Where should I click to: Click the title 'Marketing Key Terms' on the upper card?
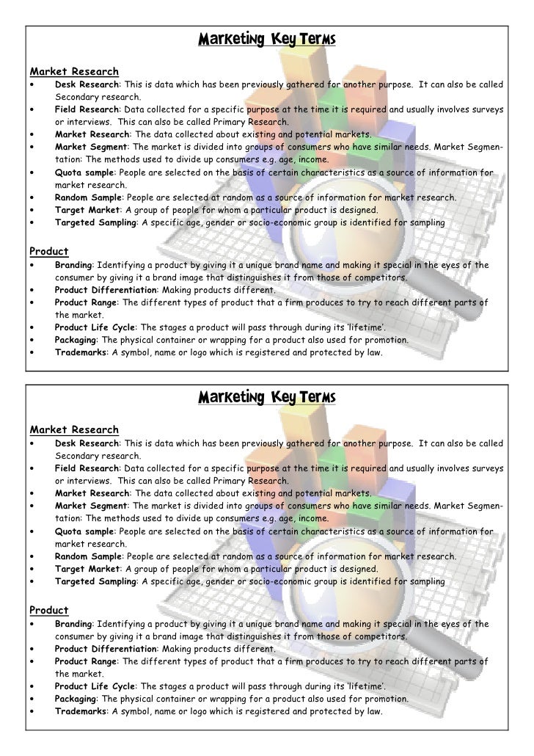click(266, 37)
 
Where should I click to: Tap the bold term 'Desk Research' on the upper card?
click(87, 85)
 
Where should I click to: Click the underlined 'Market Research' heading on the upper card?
click(73, 71)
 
